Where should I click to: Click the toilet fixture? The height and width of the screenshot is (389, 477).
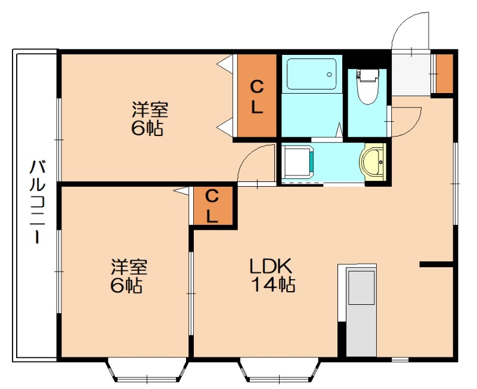(368, 87)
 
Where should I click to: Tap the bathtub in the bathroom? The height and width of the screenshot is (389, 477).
(311, 74)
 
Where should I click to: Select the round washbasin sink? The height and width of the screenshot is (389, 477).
(373, 162)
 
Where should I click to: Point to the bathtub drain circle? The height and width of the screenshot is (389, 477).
(329, 74)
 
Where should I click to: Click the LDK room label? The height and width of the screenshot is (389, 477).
(271, 266)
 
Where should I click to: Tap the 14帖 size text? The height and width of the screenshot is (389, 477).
(273, 285)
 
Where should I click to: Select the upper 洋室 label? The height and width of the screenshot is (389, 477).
(150, 110)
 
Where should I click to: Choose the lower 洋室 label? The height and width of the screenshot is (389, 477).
(129, 267)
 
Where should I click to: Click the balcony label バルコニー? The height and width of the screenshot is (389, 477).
(37, 202)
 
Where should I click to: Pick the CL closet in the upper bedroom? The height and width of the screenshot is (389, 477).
(257, 95)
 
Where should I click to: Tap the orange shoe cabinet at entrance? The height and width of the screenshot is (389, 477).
(444, 74)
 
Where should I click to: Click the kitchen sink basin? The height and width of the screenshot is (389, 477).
(361, 288)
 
